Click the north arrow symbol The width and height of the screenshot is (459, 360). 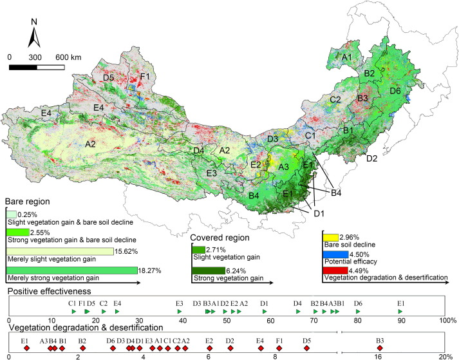[35, 37]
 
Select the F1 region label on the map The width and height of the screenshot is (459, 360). [145, 77]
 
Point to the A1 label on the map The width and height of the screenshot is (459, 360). [346, 58]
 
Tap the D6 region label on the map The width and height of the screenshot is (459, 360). [395, 91]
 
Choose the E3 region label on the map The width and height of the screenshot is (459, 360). [212, 173]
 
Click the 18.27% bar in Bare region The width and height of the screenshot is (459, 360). [71, 270]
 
